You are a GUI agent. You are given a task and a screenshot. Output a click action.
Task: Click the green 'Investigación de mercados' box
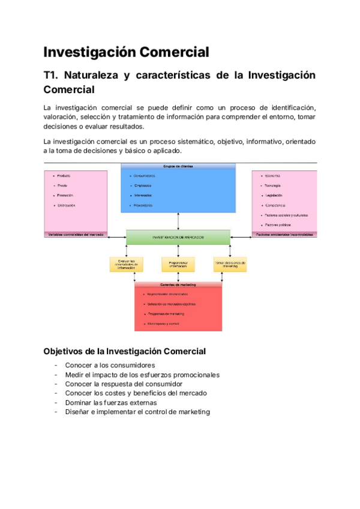[x=178, y=237]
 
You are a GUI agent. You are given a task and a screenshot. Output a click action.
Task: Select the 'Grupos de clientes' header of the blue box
[x=178, y=166]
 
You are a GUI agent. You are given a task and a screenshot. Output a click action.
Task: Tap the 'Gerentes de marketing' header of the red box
[x=178, y=285]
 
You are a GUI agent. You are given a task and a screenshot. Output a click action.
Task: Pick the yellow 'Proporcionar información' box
[x=178, y=264]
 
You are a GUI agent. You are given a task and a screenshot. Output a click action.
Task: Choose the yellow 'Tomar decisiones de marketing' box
[x=230, y=264]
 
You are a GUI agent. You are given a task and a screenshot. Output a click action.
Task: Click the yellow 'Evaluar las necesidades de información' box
[x=126, y=264]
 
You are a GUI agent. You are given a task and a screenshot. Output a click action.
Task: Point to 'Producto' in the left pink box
[x=64, y=175]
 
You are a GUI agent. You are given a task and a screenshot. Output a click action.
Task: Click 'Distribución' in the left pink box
[x=67, y=205]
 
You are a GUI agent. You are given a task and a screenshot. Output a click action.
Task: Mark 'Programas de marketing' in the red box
[x=166, y=314]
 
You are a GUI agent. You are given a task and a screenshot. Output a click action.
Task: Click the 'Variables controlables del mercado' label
[x=75, y=234]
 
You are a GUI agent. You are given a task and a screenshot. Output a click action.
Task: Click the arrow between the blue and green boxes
[x=178, y=221]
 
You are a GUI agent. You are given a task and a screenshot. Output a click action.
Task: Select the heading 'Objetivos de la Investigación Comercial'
[x=125, y=351]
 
